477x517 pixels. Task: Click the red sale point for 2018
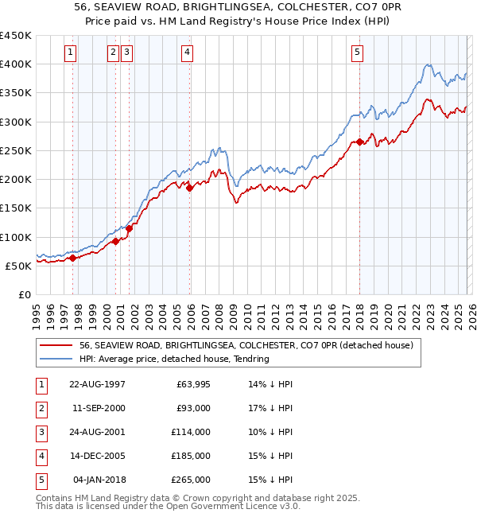[359, 142]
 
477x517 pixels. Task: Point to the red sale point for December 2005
[190, 188]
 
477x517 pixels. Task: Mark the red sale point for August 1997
[72, 258]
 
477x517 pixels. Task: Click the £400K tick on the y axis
[16, 64]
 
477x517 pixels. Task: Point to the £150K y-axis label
[16, 208]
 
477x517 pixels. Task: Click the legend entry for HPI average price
[174, 359]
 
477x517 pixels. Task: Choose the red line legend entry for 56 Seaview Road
[246, 346]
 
